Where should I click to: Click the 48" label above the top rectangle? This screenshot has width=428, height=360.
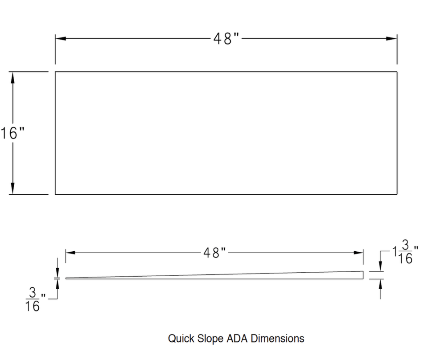(226, 39)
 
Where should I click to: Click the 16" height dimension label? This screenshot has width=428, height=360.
(12, 133)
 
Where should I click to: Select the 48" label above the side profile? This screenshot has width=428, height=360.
(215, 253)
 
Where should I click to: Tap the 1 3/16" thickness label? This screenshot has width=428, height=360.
(405, 253)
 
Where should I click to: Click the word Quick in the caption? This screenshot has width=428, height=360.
(180, 339)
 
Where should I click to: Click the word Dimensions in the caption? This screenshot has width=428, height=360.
(278, 339)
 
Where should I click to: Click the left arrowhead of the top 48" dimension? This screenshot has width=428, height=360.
(61, 39)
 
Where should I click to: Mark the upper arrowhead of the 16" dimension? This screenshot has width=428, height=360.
(13, 77)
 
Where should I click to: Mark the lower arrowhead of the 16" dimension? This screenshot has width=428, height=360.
(13, 189)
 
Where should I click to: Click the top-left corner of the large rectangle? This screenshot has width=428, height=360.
(55, 72)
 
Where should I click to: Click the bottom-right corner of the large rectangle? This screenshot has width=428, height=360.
(397, 194)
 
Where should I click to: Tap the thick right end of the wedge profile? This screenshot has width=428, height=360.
(363, 275)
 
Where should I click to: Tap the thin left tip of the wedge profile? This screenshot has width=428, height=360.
(67, 278)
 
